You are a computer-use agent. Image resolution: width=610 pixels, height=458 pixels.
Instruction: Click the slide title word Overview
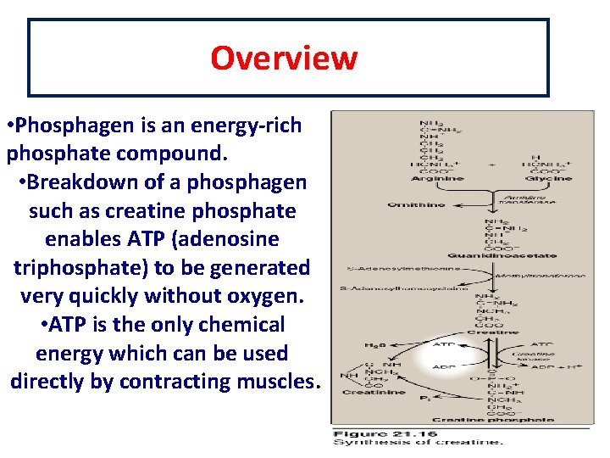(x=284, y=58)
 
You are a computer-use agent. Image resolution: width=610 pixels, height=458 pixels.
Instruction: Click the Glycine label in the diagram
(x=548, y=179)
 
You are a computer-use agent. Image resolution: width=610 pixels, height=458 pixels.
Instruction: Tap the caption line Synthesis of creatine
(x=417, y=443)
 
